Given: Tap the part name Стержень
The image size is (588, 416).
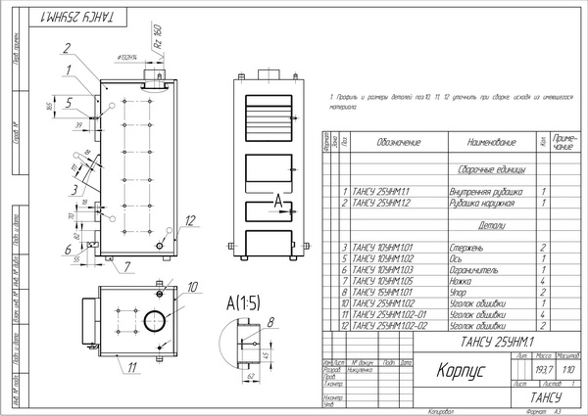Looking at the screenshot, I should coord(465,247).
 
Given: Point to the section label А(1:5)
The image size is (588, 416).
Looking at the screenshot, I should coord(241,300).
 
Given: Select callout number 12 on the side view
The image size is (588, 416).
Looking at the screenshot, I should coord(191,219).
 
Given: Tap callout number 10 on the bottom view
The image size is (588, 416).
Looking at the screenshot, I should coord(192,287).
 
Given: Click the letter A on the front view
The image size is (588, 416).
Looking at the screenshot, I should coord(278,199).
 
